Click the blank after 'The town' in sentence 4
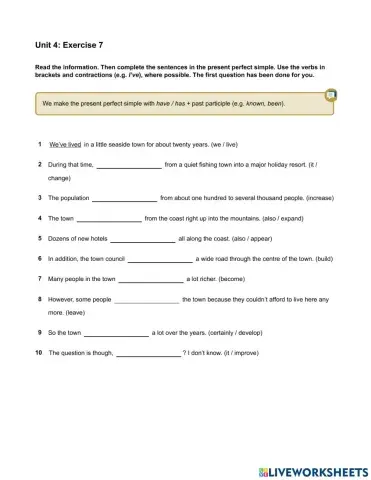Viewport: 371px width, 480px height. (109, 218)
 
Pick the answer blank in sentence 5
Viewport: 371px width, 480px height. (142, 239)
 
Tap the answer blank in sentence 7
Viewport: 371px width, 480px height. (151, 279)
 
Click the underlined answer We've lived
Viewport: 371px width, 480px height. (65, 144)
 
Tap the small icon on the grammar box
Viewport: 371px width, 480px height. (331, 95)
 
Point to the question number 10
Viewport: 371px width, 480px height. (38, 353)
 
